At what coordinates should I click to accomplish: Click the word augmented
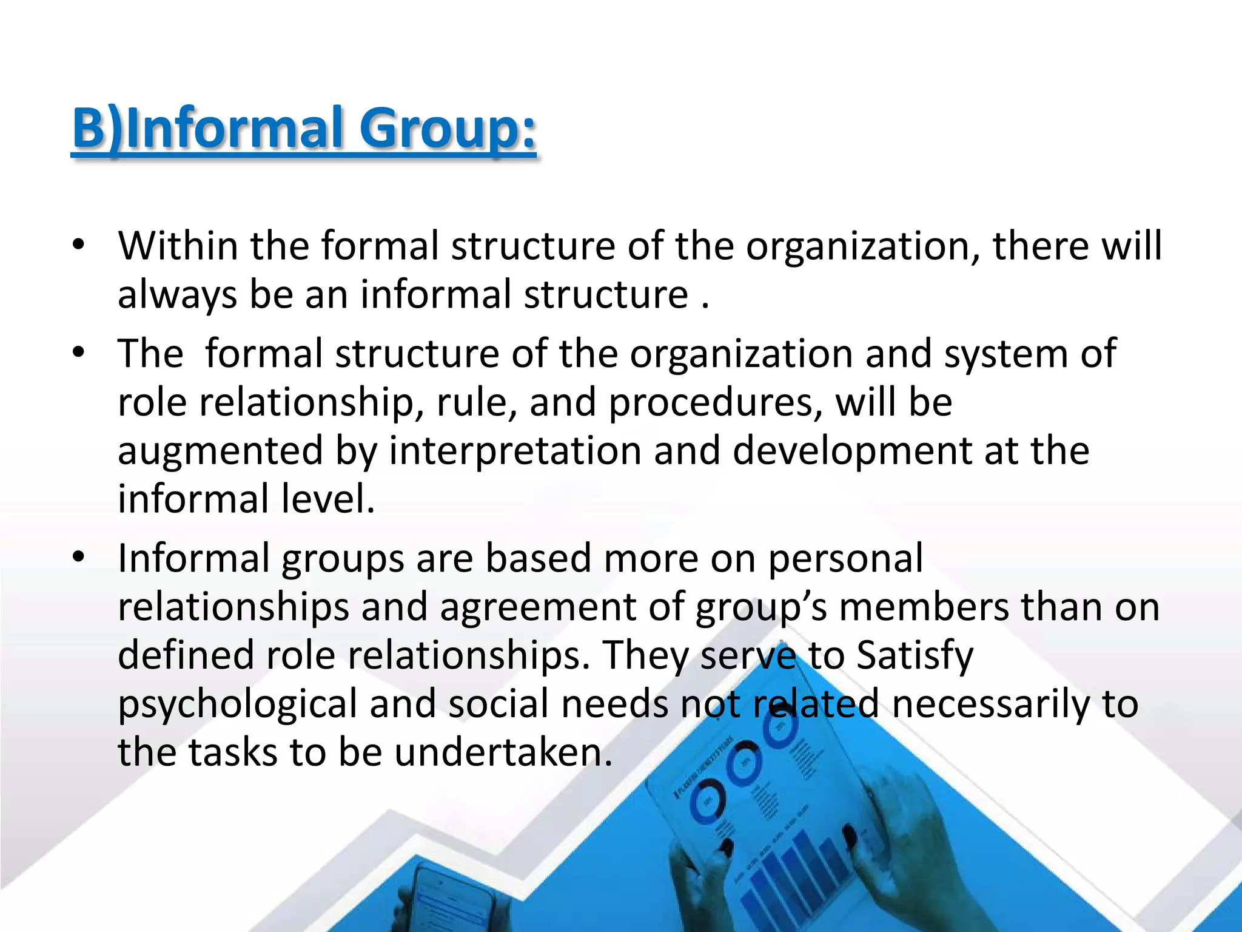click(220, 451)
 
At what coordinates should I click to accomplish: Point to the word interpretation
click(515, 451)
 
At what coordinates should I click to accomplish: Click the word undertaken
click(503, 752)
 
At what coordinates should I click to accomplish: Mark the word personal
click(846, 559)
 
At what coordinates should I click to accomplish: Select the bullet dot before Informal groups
click(77, 558)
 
